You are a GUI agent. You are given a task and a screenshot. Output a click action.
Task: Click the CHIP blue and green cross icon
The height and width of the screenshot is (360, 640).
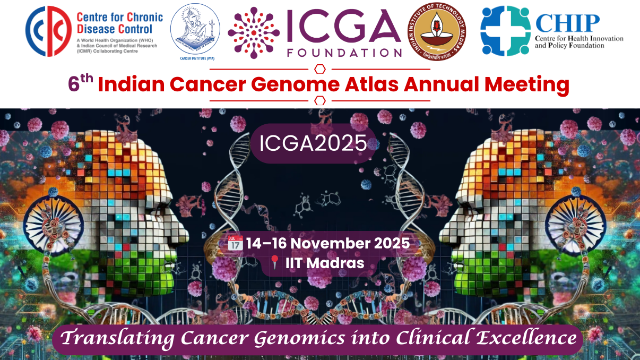coord(505,31)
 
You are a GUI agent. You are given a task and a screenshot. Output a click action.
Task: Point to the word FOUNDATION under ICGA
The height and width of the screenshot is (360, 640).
coord(343,53)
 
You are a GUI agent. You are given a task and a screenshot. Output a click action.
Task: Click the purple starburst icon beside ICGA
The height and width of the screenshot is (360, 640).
coord(254,32)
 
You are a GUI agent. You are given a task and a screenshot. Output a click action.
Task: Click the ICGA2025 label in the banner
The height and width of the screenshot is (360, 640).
coord(313,142)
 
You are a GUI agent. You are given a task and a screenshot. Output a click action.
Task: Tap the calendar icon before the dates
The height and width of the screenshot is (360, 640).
coord(235,244)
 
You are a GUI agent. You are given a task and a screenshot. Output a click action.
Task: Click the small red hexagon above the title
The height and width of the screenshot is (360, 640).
coord(320,69)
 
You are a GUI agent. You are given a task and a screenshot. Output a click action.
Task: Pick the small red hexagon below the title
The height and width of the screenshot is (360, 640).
coord(320,100)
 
